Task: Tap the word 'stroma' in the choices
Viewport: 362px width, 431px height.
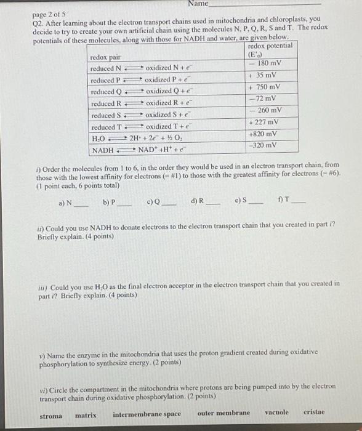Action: click(x=51, y=416)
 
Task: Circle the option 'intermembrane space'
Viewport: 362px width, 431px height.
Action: click(x=147, y=414)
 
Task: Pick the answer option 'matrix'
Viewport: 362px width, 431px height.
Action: click(x=86, y=415)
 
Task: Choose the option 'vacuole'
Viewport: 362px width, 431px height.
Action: click(x=276, y=412)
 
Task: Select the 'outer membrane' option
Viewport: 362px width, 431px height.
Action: click(x=223, y=413)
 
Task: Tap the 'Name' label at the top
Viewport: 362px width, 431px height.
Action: click(x=198, y=4)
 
